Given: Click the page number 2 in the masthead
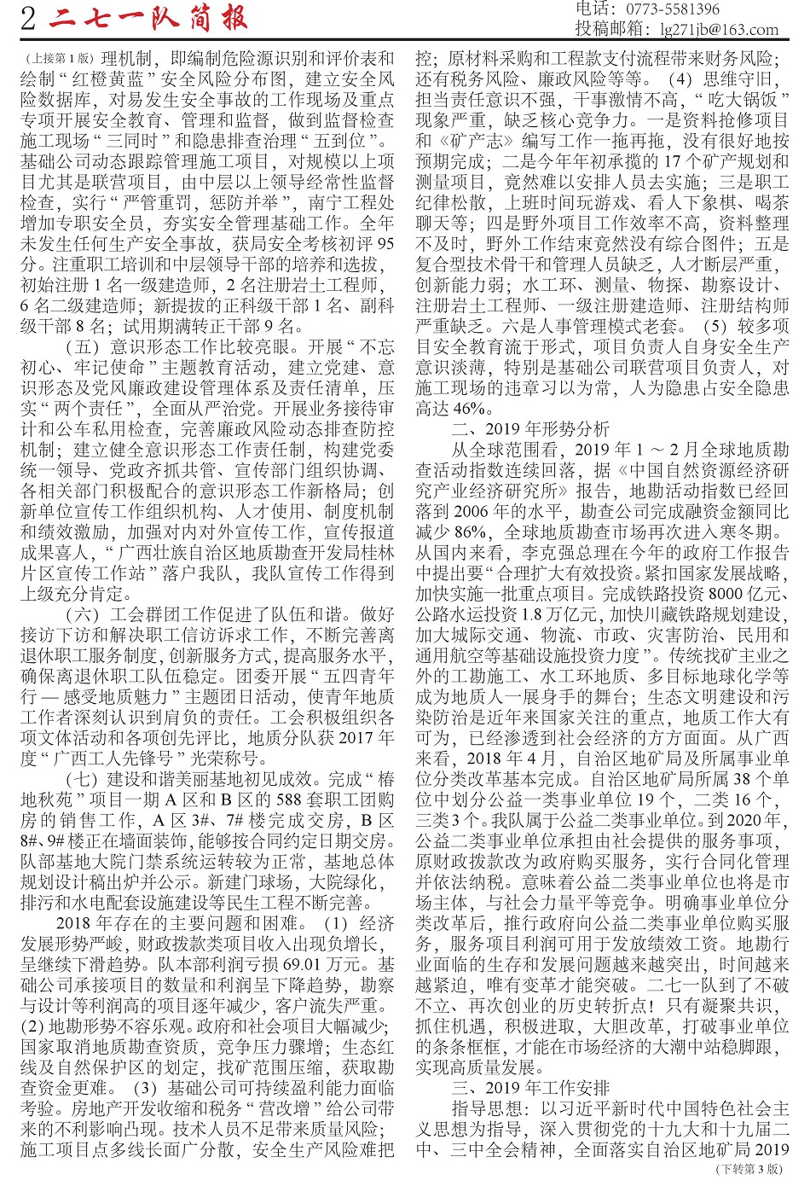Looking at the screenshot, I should (x=29, y=19).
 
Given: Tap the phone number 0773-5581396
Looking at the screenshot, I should (x=673, y=9).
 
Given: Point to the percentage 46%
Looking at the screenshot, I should (x=466, y=409).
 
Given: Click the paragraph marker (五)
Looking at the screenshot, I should (x=83, y=347).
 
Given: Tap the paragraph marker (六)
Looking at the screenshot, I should (x=83, y=614).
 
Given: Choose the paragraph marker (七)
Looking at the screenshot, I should (x=83, y=778).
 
